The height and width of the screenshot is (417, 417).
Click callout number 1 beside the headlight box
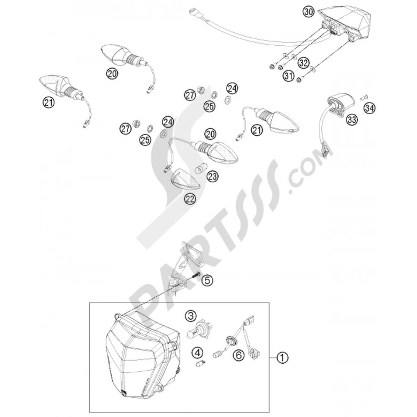tap(281, 358)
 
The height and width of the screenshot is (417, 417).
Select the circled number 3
tap(191, 316)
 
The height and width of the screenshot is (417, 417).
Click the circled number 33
tap(351, 119)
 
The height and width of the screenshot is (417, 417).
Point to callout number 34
tap(369, 108)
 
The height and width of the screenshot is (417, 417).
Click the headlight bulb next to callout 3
tap(200, 329)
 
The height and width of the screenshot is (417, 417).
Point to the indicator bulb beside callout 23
tap(200, 167)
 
